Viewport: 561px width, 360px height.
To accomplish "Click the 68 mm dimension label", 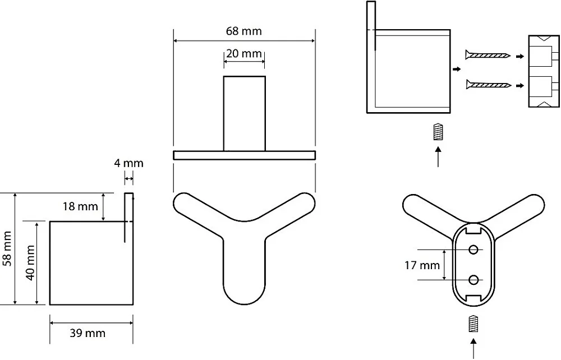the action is (x=243, y=31).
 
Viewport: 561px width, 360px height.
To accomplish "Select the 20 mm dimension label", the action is (x=243, y=54).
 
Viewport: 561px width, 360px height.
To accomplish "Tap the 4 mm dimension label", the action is (x=129, y=163).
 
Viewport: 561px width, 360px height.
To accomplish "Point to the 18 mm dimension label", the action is (x=80, y=206).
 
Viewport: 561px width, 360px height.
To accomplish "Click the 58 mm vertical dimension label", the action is (x=7, y=248).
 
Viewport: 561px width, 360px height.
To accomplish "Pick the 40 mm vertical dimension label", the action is (x=30, y=263).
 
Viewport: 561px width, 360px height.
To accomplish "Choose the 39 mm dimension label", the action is (x=88, y=333).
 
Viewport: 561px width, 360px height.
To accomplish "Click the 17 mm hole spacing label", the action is (x=422, y=265).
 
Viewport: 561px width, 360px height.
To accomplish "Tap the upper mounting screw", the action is (x=488, y=56).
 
